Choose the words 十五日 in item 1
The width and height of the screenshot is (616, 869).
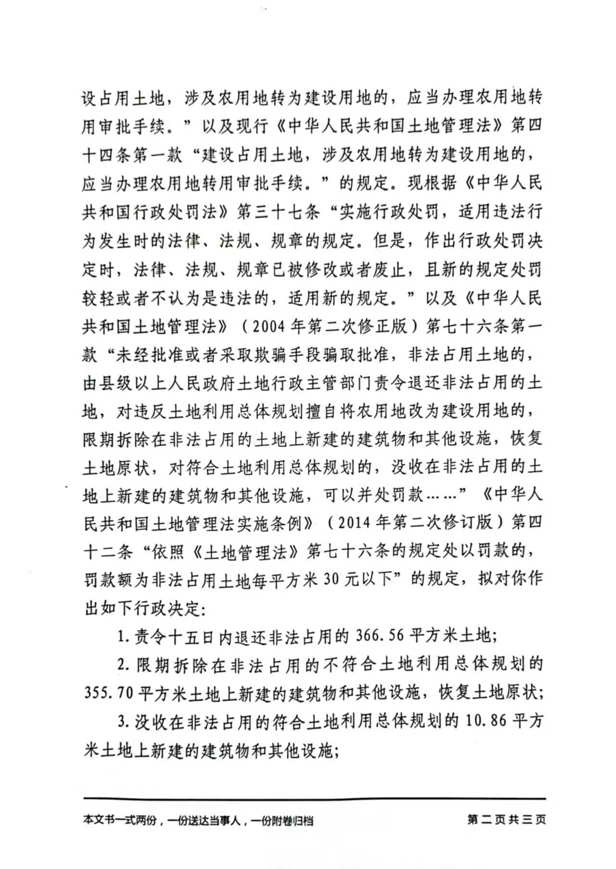click(184, 637)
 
